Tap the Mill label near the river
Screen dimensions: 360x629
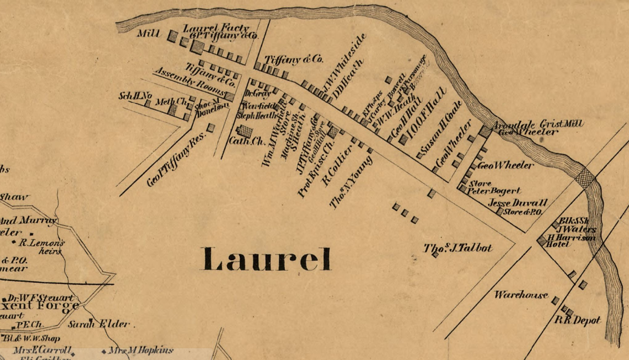tap(149, 34)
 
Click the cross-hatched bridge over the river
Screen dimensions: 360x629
tap(585, 178)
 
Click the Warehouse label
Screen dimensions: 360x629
tap(521, 295)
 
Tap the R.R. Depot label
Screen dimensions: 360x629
tap(578, 320)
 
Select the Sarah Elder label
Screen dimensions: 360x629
tap(99, 324)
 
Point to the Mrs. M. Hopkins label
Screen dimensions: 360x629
tap(141, 350)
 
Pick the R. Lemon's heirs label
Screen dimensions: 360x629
tap(42, 247)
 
